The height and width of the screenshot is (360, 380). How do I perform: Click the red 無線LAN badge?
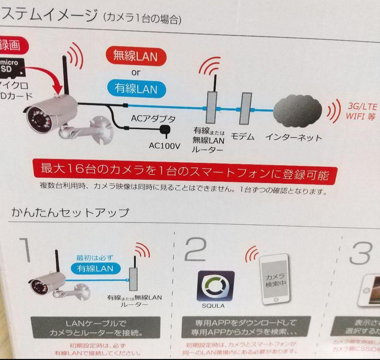coord(135,56)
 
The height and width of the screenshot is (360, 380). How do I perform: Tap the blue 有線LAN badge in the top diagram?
coord(136,88)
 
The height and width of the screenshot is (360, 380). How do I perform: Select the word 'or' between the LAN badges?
coord(135,72)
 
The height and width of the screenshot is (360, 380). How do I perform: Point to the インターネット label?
coord(293,137)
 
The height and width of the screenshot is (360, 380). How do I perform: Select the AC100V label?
coord(165,145)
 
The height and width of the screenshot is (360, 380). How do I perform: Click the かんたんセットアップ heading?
coord(70,212)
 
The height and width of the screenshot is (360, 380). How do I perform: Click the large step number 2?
coord(195,249)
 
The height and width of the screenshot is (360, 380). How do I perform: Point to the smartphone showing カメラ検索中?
coord(275,280)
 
